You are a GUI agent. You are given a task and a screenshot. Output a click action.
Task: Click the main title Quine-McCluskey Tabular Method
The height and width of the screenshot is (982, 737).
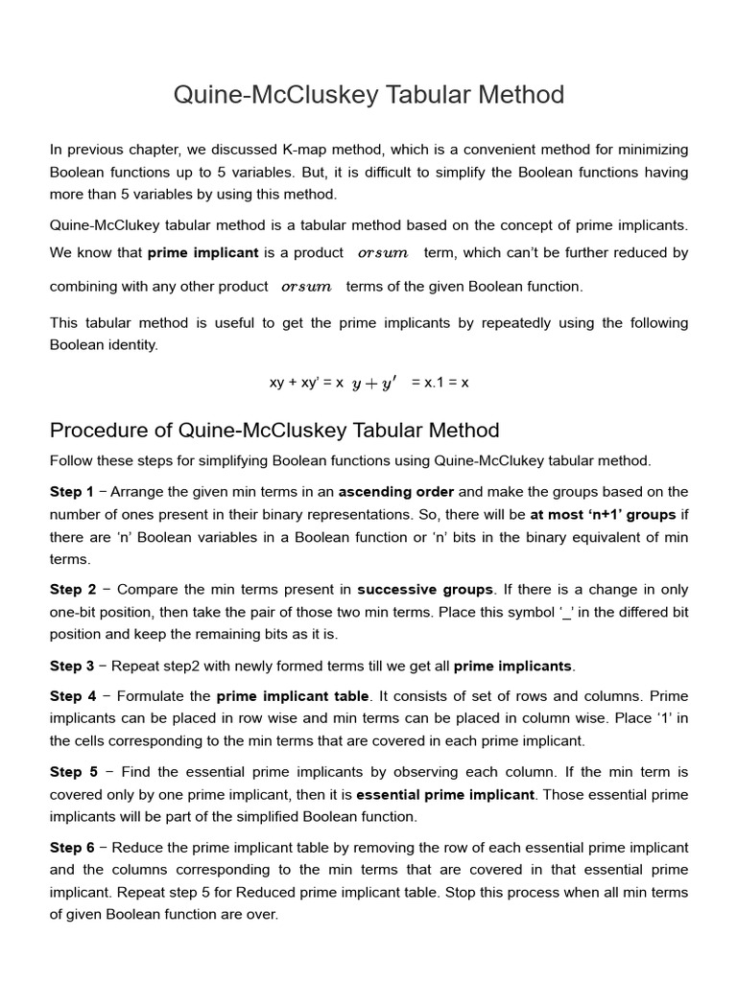(x=368, y=95)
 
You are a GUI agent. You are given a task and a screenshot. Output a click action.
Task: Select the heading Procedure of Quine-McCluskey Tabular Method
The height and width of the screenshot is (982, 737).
(x=274, y=430)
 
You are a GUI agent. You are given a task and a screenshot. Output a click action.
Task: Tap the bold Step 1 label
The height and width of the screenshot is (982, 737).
(x=72, y=491)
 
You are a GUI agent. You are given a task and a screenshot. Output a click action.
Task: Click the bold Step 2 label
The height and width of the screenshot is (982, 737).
(x=72, y=589)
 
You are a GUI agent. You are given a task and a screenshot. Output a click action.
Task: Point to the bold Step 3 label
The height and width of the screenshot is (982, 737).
(x=72, y=666)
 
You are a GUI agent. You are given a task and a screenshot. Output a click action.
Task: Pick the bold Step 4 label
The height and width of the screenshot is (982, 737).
(x=72, y=696)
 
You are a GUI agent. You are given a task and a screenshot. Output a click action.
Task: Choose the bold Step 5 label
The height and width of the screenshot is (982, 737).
(x=72, y=772)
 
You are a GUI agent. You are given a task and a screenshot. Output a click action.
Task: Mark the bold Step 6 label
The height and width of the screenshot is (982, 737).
(x=72, y=848)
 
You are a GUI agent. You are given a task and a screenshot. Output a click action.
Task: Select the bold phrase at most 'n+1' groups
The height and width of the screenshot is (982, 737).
(x=603, y=514)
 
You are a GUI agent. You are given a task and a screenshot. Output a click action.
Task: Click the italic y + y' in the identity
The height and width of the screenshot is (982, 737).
(x=374, y=383)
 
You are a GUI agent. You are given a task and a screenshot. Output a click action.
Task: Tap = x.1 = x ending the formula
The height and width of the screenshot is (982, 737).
(x=440, y=383)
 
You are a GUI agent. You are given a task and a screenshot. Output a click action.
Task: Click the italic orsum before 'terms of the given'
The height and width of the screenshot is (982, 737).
(x=307, y=287)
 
